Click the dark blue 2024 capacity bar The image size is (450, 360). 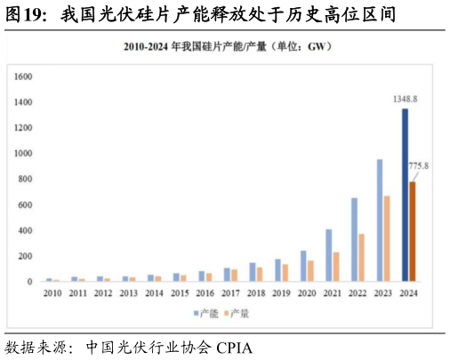(x=406, y=195)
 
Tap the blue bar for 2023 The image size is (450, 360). (x=380, y=220)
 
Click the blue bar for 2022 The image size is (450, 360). (x=354, y=239)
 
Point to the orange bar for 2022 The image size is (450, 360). (x=361, y=257)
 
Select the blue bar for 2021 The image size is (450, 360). (x=328, y=255)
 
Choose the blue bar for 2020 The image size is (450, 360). (x=302, y=266)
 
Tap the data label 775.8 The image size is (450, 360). (x=418, y=166)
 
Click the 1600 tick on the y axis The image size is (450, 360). (x=23, y=77)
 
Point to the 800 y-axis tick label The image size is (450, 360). (x=25, y=180)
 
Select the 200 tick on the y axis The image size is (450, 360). (x=25, y=256)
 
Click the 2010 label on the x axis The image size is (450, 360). (x=52, y=292)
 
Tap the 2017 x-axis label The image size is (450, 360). (x=231, y=292)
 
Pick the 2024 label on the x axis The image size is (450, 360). (x=410, y=292)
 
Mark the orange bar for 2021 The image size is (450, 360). (x=335, y=266)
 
